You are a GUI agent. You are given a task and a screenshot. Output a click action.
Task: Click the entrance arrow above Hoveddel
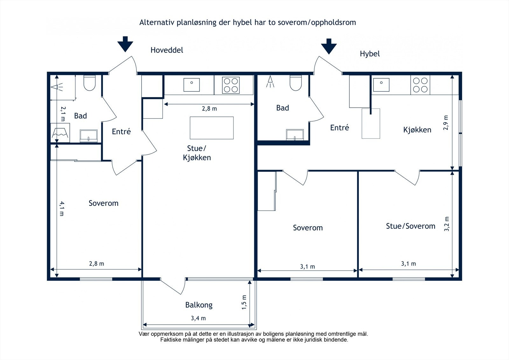[x=125, y=44]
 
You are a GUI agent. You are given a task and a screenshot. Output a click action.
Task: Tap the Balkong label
[x=199, y=305]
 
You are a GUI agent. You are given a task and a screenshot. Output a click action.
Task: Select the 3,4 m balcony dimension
[x=198, y=318]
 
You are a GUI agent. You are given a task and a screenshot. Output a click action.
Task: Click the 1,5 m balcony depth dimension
[x=244, y=302]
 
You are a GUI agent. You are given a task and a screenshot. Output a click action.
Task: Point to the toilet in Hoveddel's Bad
[x=89, y=83]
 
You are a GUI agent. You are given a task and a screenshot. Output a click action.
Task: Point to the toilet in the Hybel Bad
[x=296, y=83]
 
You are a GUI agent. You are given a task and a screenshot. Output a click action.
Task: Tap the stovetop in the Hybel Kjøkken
[x=420, y=85]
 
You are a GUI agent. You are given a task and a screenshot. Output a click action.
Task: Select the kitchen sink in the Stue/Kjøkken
[x=192, y=85]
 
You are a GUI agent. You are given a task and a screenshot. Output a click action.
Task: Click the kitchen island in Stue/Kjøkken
[x=212, y=128]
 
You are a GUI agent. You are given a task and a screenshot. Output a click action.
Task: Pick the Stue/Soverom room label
[x=410, y=226]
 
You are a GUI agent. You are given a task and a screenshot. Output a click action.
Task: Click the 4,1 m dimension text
[x=62, y=208]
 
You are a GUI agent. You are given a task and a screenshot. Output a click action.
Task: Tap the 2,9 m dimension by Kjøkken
[x=446, y=123]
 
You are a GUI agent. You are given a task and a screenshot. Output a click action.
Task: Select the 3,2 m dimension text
[x=447, y=224]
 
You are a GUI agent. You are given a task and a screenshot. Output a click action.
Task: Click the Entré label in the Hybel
[x=339, y=128]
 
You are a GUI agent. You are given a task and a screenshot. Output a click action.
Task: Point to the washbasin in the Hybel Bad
[x=295, y=135]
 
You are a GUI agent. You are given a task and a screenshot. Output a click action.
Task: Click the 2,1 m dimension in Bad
[x=63, y=114]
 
